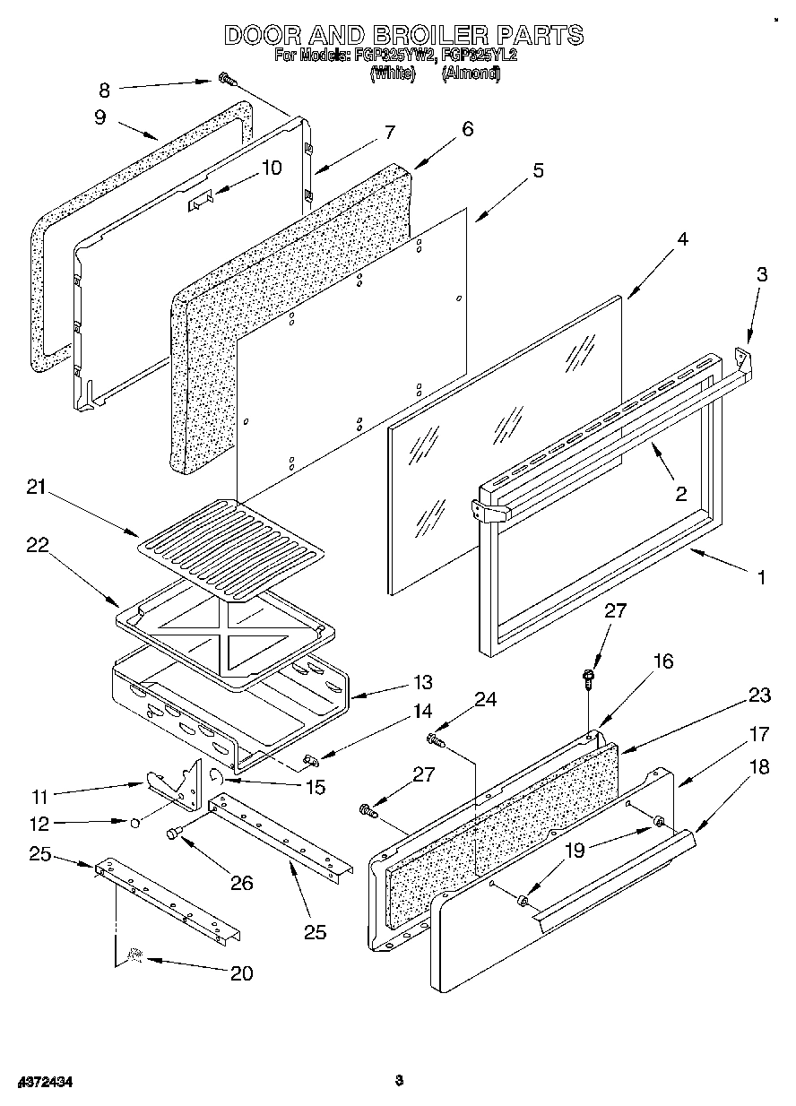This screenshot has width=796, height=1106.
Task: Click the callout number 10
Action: tap(270, 168)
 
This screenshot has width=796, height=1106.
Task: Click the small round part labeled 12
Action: tap(133, 821)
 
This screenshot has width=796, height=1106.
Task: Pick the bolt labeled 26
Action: tap(174, 834)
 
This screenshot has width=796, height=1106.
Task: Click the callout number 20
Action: tap(241, 973)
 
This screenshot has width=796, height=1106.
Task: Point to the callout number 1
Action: tap(761, 577)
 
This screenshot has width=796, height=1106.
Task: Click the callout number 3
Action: tap(761, 275)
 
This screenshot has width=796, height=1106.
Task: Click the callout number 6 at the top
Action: tap(467, 128)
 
